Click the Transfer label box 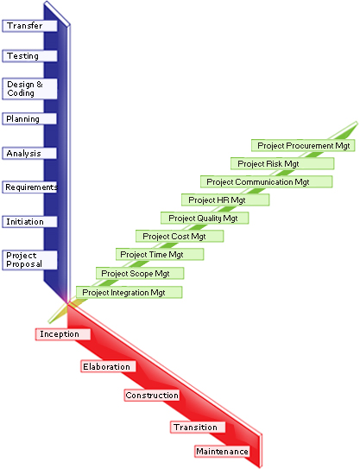tap(29, 26)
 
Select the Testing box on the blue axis tap(29, 56)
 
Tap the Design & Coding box tap(29, 89)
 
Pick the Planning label tap(29, 118)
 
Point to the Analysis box tap(29, 153)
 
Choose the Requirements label tap(29, 187)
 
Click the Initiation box tap(29, 222)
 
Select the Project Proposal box tap(29, 260)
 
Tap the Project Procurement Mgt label tap(303, 146)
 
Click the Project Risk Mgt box tap(282, 163)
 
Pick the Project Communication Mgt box tap(266, 182)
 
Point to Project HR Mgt tap(225, 200)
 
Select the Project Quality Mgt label tap(205, 218)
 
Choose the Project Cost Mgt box tap(180, 237)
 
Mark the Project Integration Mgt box tap(129, 292)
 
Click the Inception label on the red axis tap(63, 334)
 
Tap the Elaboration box tap(108, 366)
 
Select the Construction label tap(152, 395)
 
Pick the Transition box tap(198, 428)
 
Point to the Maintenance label tap(222, 452)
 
